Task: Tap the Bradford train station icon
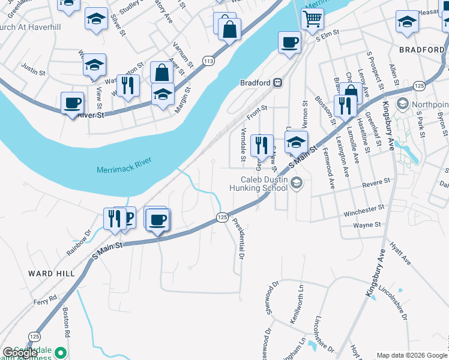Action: click(278, 83)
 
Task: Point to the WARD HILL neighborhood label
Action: click(52, 273)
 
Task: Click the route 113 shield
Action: click(208, 61)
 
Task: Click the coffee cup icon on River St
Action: click(73, 103)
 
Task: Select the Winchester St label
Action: click(363, 210)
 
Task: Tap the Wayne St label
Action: click(367, 225)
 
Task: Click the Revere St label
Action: click(376, 181)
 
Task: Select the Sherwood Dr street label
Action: click(268, 299)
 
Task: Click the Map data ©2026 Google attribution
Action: click(411, 355)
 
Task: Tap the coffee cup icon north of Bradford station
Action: click(289, 43)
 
